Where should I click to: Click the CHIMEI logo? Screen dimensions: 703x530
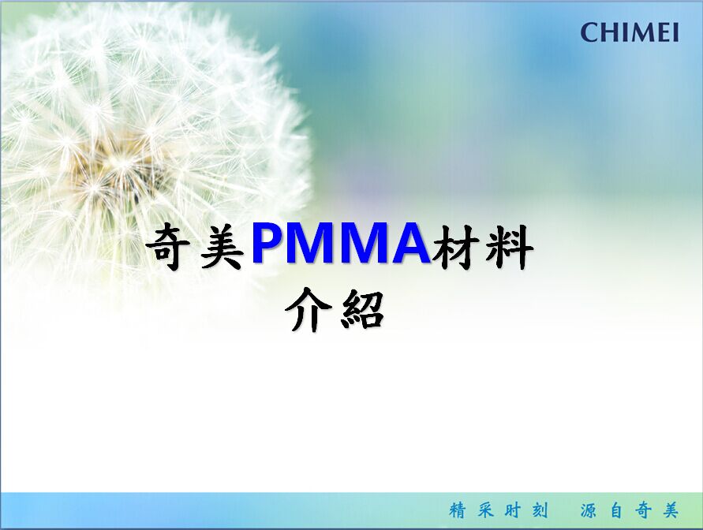(x=630, y=32)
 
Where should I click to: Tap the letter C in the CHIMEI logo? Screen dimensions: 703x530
(x=589, y=32)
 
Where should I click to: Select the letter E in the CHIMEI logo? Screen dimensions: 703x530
(x=662, y=32)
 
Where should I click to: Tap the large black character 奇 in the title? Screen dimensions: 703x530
(x=169, y=248)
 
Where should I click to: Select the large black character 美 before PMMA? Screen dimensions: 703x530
(x=222, y=248)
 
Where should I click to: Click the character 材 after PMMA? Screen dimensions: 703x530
(x=454, y=248)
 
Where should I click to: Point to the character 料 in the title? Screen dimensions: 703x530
(x=510, y=248)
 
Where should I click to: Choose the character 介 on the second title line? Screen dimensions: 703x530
(x=309, y=310)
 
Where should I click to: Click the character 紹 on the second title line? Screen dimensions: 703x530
(x=363, y=310)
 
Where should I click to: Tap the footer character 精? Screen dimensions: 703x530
(x=458, y=510)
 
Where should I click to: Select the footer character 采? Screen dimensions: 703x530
(x=485, y=510)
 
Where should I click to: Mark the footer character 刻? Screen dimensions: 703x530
(x=540, y=510)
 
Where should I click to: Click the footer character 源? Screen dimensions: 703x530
(x=589, y=510)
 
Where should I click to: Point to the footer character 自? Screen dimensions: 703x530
(x=616, y=510)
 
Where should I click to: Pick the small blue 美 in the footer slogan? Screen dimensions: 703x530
(x=671, y=510)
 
